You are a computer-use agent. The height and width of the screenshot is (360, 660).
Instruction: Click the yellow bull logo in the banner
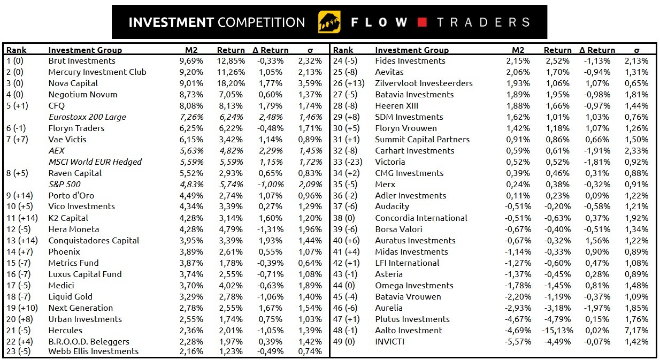pyautogui.click(x=329, y=22)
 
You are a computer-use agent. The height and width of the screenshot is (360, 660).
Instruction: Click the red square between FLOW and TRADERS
pyautogui.click(x=422, y=22)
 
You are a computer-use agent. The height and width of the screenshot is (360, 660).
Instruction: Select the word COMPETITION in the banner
pyautogui.click(x=262, y=22)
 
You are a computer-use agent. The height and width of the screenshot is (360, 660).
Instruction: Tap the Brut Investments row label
pyautogui.click(x=82, y=61)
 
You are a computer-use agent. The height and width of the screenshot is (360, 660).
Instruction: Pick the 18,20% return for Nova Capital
pyautogui.click(x=231, y=83)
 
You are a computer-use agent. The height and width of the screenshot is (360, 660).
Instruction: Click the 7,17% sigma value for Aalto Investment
pyautogui.click(x=636, y=331)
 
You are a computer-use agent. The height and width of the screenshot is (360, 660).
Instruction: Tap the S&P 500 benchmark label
pyautogui.click(x=64, y=185)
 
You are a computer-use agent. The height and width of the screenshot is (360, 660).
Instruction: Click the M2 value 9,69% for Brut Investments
pyautogui.click(x=191, y=61)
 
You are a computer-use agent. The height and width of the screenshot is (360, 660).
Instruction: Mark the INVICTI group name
pyautogui.click(x=390, y=342)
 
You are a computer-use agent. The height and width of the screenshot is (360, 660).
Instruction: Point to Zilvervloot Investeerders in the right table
pyautogui.click(x=424, y=83)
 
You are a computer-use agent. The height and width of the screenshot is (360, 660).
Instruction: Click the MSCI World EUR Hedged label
pyautogui.click(x=95, y=162)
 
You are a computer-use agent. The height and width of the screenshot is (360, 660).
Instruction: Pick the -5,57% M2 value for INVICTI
pyautogui.click(x=517, y=342)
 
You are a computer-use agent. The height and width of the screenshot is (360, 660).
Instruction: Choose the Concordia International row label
pyautogui.click(x=421, y=218)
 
